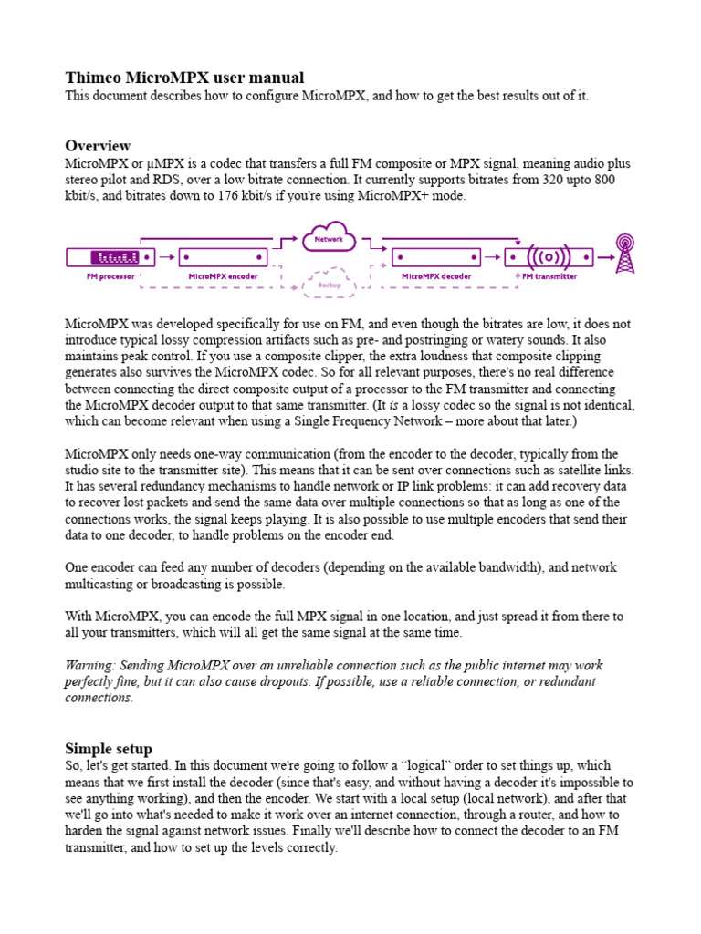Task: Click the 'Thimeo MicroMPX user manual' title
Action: coord(184,78)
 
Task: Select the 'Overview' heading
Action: coord(98,146)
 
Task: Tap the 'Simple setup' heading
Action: coord(109,749)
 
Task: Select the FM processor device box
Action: coord(110,257)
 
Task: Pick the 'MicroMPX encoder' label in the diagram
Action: coord(223,275)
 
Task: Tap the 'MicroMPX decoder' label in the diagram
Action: coord(436,275)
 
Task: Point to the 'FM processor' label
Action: coord(110,275)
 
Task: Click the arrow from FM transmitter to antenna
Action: coord(603,257)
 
